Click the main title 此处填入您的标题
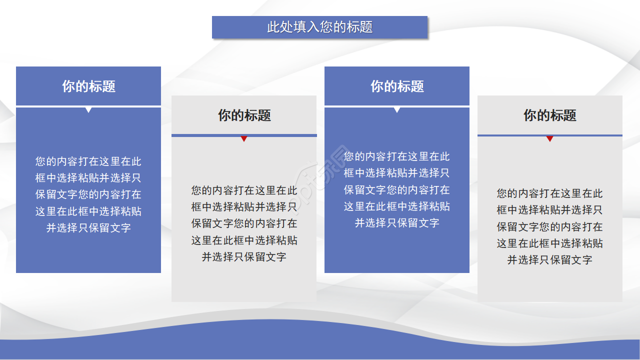[x=320, y=27]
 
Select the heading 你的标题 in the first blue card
[x=88, y=86]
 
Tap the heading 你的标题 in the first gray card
[x=244, y=115]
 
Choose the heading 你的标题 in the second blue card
[x=397, y=86]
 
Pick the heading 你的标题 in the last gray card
[x=549, y=115]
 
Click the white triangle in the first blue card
[x=88, y=109]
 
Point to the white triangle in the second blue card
[x=397, y=109]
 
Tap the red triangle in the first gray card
[x=244, y=138]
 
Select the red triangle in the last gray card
[x=549, y=138]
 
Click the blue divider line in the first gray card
[x=200, y=135]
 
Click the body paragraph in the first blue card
[x=88, y=194]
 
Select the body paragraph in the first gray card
[x=244, y=223]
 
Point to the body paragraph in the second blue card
[x=397, y=189]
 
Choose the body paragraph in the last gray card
[x=549, y=226]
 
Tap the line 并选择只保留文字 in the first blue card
[x=88, y=228]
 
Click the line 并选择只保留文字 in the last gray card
[x=549, y=260]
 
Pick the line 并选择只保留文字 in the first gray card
[x=244, y=257]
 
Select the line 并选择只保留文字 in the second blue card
[x=397, y=223]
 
